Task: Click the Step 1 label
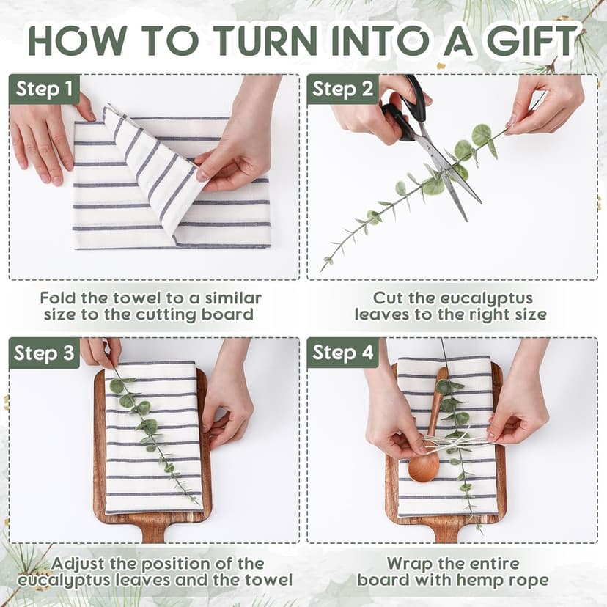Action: pos(44,89)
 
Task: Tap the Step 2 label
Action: pos(342,89)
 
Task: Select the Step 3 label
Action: pos(44,353)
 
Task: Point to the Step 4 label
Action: pos(342,353)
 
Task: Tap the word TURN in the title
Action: pos(267,40)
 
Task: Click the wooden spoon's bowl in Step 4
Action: pos(424,466)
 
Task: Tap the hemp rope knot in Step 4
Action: pos(445,441)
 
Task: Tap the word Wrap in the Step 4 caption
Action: pos(406,564)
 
